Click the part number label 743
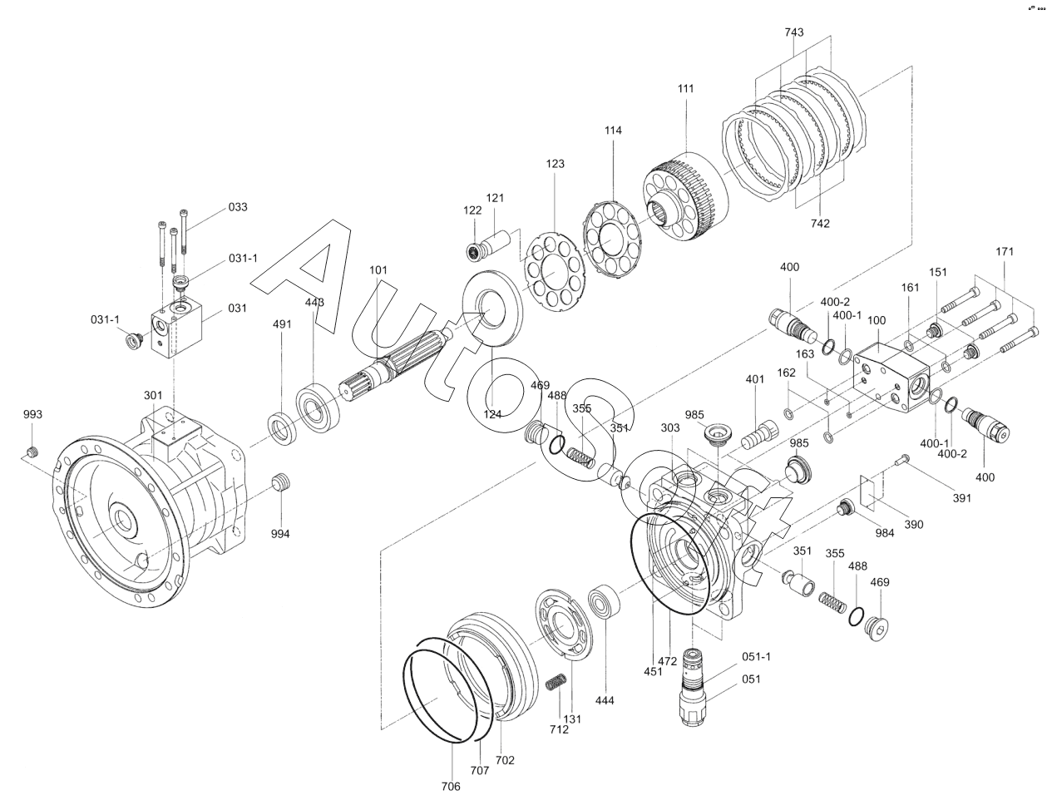click(x=794, y=32)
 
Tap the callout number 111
click(x=685, y=89)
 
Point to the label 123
click(x=555, y=164)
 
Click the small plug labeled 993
click(x=32, y=452)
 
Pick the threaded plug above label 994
click(x=281, y=482)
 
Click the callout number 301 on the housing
click(x=153, y=396)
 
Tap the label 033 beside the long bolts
click(x=238, y=207)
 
